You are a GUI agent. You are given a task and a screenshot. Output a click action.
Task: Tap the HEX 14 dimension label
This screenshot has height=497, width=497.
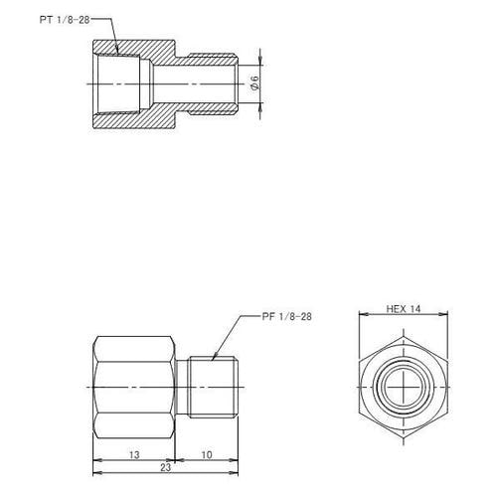[x=404, y=310]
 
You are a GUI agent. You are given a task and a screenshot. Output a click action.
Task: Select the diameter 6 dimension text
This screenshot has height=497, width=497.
[x=255, y=85]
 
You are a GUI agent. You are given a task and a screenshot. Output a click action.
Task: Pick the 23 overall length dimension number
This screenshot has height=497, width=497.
[x=165, y=465]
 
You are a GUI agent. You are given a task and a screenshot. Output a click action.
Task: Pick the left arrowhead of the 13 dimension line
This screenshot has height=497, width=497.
[x=95, y=460]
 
